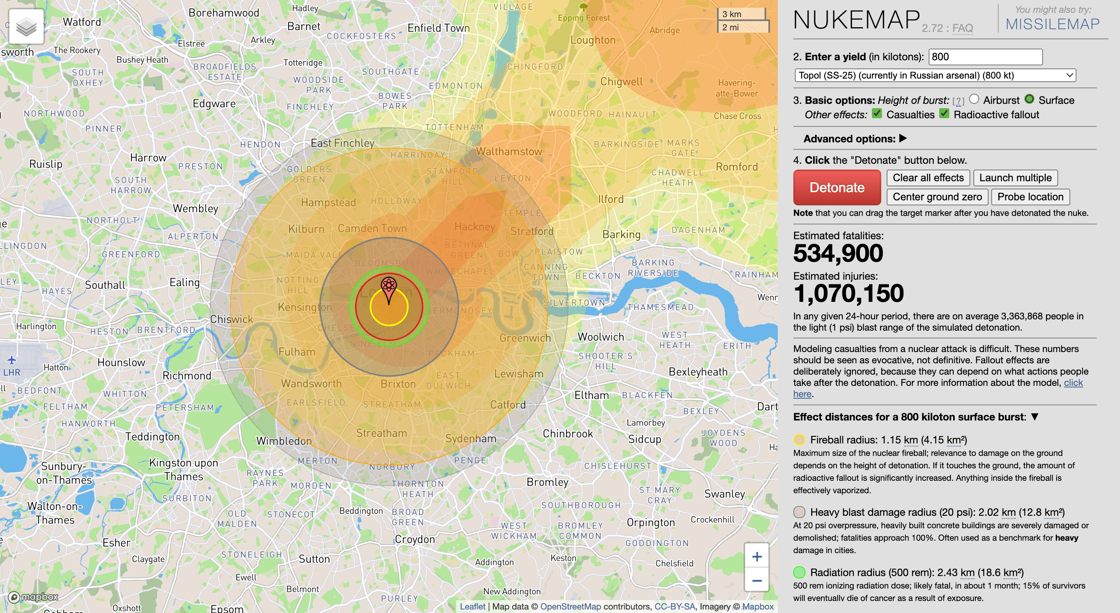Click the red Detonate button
[x=836, y=187]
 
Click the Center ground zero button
[x=937, y=197]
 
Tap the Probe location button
[x=1030, y=197]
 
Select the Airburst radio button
[x=974, y=100]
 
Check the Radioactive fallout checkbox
[x=944, y=114]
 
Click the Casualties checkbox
[x=877, y=114]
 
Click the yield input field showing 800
[x=985, y=57]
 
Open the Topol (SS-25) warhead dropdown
[x=935, y=75]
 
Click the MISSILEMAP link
[x=1052, y=24]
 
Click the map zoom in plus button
[x=756, y=557]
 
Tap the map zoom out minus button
[x=756, y=580]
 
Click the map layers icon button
[x=26, y=26]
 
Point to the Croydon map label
[x=414, y=539]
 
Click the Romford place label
[x=737, y=167]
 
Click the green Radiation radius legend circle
[x=799, y=572]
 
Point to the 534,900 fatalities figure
[x=838, y=254]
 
